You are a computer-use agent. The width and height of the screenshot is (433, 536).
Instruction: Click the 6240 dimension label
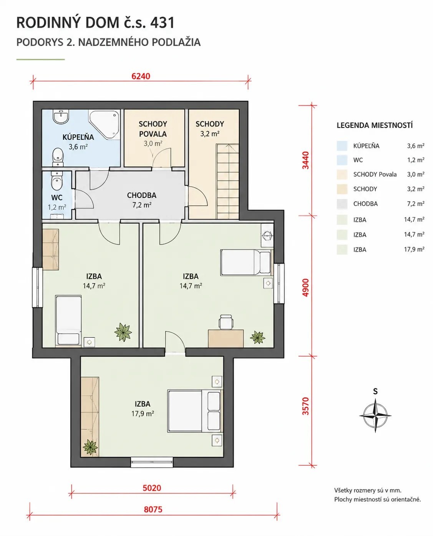click(141, 76)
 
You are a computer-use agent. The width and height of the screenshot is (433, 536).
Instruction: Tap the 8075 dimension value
click(153, 509)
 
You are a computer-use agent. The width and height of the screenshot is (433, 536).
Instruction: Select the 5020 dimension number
click(152, 488)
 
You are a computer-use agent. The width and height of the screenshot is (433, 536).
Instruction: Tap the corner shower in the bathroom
click(104, 124)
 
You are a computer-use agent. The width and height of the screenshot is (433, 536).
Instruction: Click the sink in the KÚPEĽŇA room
click(61, 117)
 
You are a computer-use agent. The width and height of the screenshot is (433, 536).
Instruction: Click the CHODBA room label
click(142, 195)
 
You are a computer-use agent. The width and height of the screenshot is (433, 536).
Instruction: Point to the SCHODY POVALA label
click(153, 129)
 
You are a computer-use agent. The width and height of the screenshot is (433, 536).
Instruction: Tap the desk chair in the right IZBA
click(226, 322)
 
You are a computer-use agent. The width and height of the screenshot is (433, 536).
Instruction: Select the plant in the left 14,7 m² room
click(123, 332)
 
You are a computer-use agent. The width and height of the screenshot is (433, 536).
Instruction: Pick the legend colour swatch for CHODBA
click(342, 204)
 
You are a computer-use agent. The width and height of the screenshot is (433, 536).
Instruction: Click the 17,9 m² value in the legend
click(414, 249)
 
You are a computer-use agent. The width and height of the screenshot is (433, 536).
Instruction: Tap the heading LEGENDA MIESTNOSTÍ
click(375, 125)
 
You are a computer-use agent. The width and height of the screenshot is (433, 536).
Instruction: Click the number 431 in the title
click(162, 23)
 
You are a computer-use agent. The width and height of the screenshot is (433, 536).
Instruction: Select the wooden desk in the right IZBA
click(226, 339)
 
